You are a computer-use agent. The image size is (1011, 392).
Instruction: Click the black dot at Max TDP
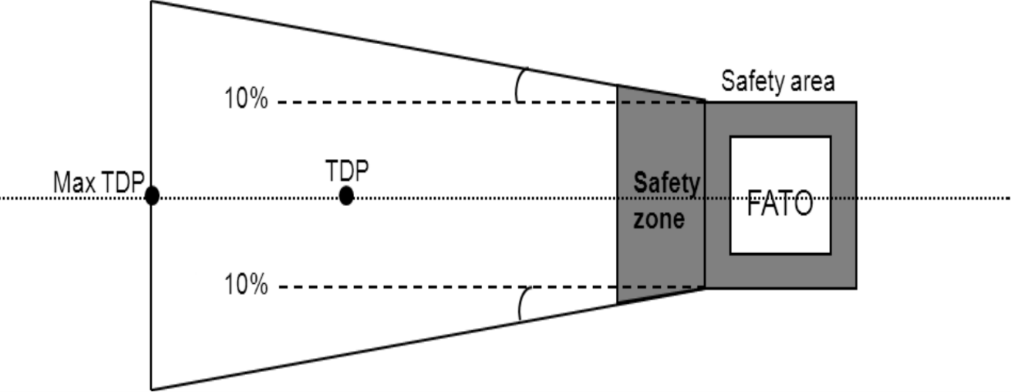[x=152, y=196]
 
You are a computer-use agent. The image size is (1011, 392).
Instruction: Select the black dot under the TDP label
[x=346, y=196]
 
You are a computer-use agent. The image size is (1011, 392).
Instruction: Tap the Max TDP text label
[x=96, y=182]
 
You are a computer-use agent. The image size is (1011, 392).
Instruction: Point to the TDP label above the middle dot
[x=347, y=171]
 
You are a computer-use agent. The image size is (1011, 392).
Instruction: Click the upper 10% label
[x=246, y=99]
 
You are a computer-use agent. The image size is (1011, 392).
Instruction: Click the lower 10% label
[x=246, y=285]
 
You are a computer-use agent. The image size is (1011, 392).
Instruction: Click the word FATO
[x=780, y=204]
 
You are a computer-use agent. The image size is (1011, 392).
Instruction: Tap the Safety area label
[x=778, y=81]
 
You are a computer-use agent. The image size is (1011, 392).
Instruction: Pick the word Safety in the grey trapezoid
[x=666, y=182]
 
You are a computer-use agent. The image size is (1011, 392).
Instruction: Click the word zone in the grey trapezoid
[x=659, y=218]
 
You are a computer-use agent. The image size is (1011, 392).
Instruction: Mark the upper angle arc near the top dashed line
[x=517, y=85]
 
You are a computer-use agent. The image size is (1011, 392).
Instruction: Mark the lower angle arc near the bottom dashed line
[x=520, y=304]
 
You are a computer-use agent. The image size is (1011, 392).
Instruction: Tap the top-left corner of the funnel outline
[x=152, y=1]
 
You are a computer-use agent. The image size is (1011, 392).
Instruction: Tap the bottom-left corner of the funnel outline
[x=152, y=389]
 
